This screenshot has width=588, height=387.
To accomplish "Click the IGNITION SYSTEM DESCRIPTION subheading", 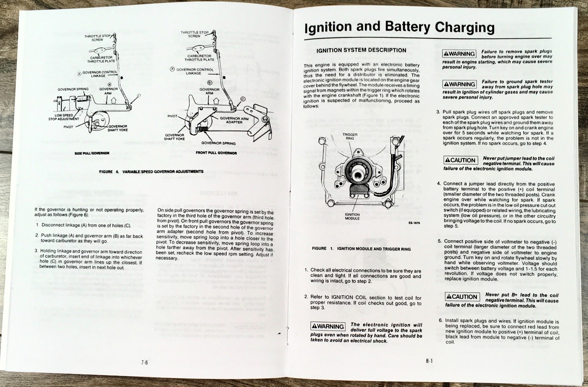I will point(361,50).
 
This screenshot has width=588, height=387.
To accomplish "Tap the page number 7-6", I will point(144,362).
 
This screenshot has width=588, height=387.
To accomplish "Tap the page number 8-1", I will point(429,361).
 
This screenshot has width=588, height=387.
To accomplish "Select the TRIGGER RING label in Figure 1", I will point(350,137).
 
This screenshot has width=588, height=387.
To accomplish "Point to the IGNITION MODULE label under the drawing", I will point(352,216).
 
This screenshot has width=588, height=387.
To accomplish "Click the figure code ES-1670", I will point(414,223).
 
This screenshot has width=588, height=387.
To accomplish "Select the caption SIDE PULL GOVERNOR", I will point(92,153).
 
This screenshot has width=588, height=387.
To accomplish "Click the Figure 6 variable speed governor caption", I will point(151,172).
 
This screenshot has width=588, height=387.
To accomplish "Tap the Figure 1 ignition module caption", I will point(361,249).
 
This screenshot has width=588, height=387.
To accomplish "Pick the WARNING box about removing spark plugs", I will point(459,54).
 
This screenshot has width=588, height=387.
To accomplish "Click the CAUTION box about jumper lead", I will point(460,160).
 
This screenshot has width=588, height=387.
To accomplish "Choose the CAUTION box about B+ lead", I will point(462,297).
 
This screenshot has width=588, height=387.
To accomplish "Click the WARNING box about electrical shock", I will point(328,326).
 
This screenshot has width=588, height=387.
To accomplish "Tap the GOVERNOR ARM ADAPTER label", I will point(234,120).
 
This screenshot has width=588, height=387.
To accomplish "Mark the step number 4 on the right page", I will point(439,184).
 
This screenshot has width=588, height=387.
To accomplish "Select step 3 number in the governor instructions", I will point(36,251).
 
